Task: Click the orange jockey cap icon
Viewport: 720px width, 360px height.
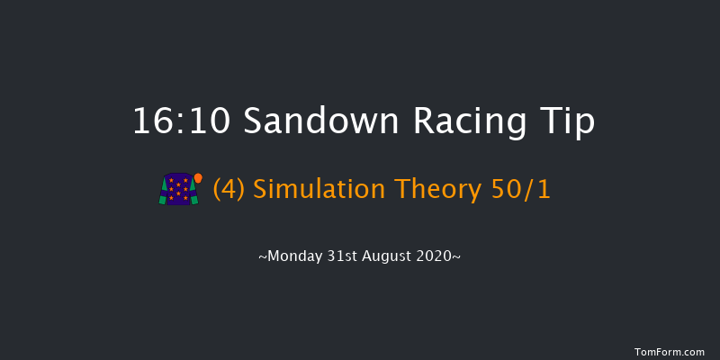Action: [198, 177]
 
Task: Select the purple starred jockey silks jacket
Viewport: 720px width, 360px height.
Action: [176, 189]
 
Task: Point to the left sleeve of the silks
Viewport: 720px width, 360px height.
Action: [163, 192]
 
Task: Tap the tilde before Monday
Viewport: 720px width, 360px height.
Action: [263, 256]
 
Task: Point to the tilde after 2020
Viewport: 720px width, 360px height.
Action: [458, 256]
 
